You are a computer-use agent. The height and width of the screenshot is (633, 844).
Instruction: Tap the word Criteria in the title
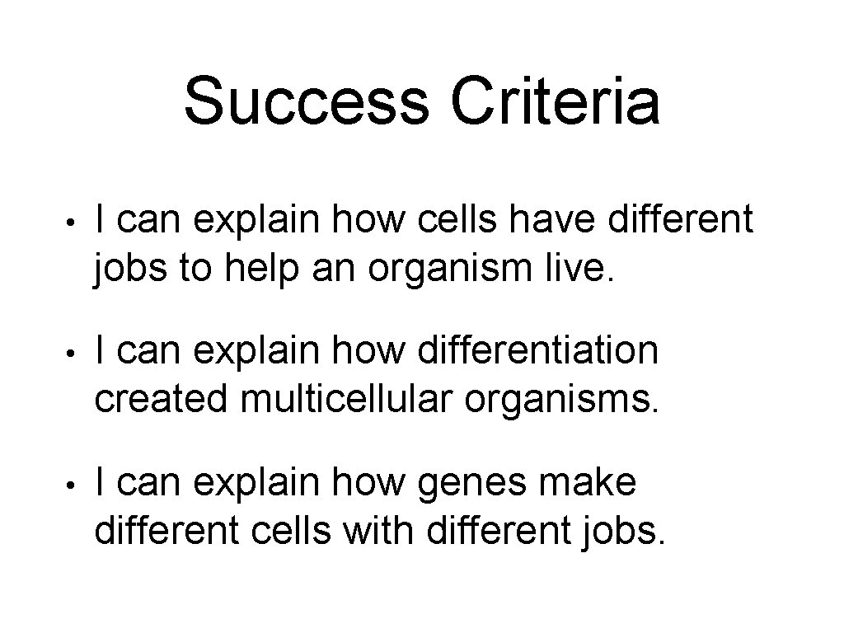point(555,102)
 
